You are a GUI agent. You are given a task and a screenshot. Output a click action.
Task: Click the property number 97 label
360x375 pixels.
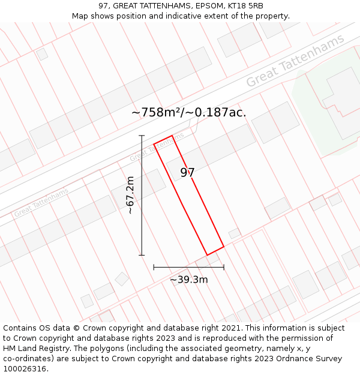(x=188, y=173)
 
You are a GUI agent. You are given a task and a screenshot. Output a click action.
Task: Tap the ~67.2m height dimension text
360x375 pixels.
(x=130, y=195)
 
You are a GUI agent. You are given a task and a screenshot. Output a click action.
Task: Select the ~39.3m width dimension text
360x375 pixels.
(x=188, y=280)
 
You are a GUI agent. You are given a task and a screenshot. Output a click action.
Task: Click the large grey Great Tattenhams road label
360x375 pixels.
(x=295, y=60)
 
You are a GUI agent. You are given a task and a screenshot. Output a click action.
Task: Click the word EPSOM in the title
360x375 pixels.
(x=208, y=6)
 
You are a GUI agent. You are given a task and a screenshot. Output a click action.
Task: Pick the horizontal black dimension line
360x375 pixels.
(x=188, y=267)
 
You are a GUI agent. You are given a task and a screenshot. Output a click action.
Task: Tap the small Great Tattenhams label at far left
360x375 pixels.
(x=41, y=202)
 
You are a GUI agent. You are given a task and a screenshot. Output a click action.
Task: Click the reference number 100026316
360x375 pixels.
(x=26, y=369)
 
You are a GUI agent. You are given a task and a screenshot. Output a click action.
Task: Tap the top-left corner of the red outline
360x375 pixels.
(x=154, y=144)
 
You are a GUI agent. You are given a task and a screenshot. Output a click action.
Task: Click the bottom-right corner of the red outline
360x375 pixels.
(x=224, y=246)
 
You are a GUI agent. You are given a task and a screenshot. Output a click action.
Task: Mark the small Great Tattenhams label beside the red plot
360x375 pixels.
(x=157, y=148)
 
